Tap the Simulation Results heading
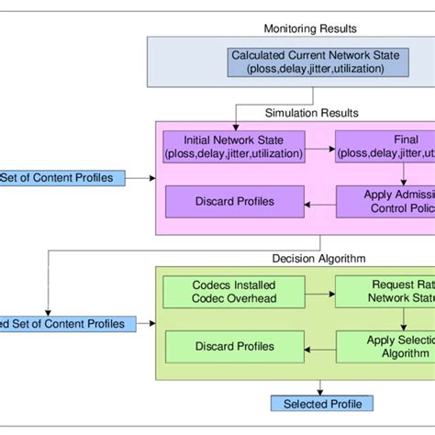(x=313, y=113)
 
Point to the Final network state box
(x=385, y=145)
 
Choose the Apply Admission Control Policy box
(x=385, y=202)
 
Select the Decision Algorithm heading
(x=313, y=259)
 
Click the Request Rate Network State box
(x=385, y=291)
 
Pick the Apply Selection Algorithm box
(x=385, y=346)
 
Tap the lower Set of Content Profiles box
(x=64, y=323)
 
